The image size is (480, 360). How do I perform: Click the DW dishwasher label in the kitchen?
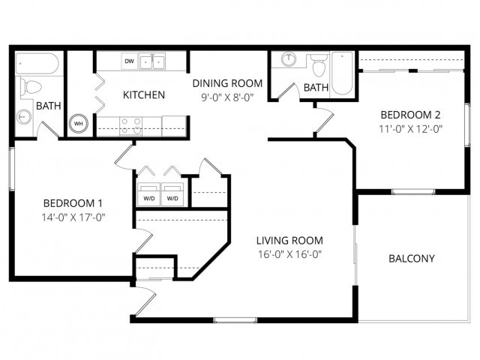pos(129,61)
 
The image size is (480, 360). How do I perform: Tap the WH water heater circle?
pos(78,124)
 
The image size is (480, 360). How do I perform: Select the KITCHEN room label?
pos(144,95)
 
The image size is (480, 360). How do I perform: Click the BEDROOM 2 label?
pos(410,115)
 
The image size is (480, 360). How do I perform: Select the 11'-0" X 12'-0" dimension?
pos(411,128)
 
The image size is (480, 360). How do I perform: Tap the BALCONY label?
pos(412,259)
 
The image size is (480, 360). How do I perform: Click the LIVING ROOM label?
pos(289,241)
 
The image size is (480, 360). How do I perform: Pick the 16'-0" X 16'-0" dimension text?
pos(289,254)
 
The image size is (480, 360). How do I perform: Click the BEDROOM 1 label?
pos(73,203)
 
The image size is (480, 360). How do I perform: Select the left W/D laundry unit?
pos(148,195)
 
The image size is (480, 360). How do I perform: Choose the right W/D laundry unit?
pos(172,195)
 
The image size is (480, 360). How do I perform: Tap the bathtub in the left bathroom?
pos(37,63)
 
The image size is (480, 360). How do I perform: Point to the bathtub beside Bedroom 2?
pos(342,73)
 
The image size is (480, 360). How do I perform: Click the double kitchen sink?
pos(155,61)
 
